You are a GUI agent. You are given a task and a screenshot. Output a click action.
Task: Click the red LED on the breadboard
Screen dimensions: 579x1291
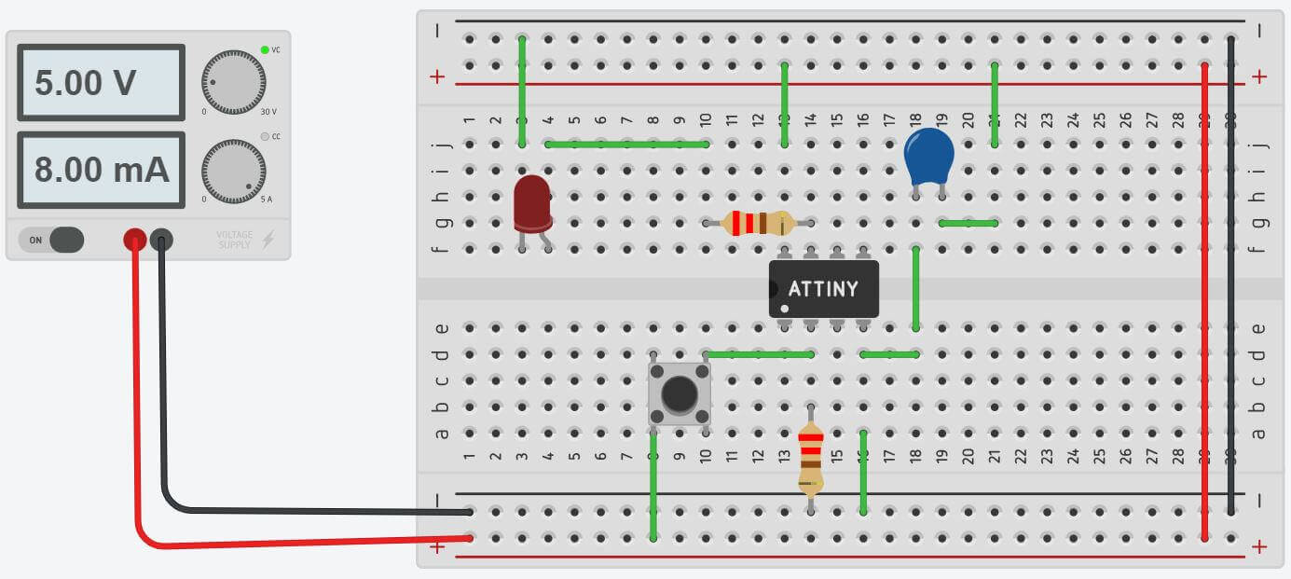[532, 202]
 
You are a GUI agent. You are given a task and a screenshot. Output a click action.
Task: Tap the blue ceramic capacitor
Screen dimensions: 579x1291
[929, 157]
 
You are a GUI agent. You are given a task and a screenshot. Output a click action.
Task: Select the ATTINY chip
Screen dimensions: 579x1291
[824, 288]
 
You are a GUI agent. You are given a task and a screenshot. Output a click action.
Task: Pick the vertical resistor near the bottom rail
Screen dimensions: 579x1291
[811, 458]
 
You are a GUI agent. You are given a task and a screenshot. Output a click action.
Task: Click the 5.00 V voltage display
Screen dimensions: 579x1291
[100, 82]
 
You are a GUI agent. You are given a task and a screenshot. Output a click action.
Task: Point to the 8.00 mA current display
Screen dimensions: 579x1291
[100, 170]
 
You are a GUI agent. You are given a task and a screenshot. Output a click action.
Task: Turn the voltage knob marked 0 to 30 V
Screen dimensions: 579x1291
[233, 83]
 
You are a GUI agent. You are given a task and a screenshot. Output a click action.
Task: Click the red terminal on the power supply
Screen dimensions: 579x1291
[135, 241]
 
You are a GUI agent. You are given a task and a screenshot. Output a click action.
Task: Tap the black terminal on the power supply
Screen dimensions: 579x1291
[161, 241]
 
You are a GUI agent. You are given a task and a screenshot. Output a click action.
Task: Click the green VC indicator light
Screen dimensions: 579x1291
[265, 50]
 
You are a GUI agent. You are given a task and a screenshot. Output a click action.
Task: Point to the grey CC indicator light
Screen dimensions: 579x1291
[265, 137]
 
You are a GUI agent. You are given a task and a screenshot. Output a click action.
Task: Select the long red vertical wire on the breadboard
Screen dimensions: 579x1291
[1206, 298]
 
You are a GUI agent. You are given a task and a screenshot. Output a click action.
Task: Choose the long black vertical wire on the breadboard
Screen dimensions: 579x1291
[1232, 275]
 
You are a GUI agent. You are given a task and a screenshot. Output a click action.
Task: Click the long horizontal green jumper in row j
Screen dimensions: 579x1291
[626, 145]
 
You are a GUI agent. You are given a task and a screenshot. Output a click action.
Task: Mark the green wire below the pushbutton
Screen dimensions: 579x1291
[653, 485]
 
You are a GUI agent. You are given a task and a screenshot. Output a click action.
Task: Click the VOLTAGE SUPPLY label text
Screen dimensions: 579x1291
[234, 240]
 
